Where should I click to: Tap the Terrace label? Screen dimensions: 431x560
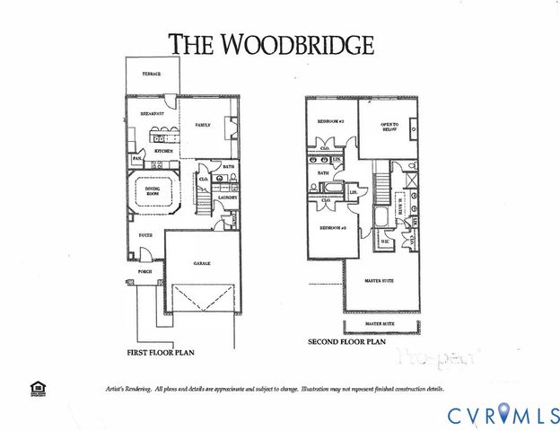(151, 74)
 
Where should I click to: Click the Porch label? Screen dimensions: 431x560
(144, 270)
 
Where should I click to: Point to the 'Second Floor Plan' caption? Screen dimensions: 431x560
(346, 342)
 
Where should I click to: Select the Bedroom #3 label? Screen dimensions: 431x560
(333, 229)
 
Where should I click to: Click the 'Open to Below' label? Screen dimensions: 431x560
(389, 126)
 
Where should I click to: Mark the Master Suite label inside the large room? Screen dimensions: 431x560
(381, 280)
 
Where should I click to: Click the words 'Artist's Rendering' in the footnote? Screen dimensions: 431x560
(119, 390)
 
